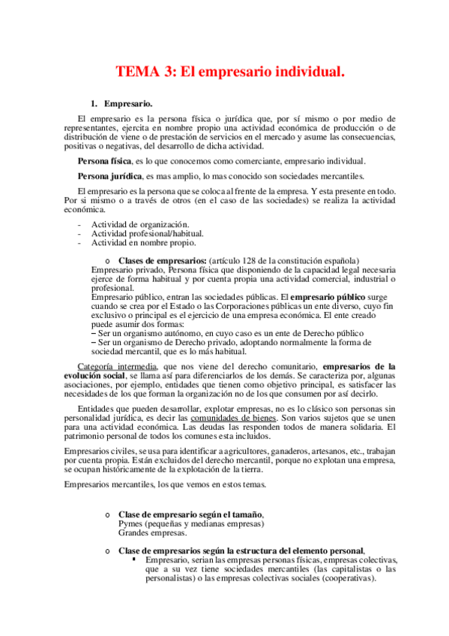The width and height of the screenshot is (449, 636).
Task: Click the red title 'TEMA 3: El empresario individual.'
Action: coord(229,72)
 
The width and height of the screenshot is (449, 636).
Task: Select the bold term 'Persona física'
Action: coord(104,161)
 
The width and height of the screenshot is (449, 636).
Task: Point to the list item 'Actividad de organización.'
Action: coord(139,224)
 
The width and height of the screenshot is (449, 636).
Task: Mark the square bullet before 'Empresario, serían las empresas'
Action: coord(134,559)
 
